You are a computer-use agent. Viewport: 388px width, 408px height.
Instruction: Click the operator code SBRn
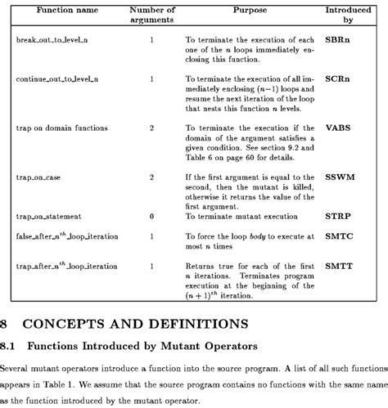click(338, 38)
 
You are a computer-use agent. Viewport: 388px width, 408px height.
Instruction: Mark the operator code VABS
click(337, 128)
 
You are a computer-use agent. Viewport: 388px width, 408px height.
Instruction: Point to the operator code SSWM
click(339, 176)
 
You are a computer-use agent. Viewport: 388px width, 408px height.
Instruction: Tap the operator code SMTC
click(338, 235)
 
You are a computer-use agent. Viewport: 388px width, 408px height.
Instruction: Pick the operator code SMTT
click(338, 266)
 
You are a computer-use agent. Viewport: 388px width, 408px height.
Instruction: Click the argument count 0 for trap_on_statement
click(151, 216)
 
